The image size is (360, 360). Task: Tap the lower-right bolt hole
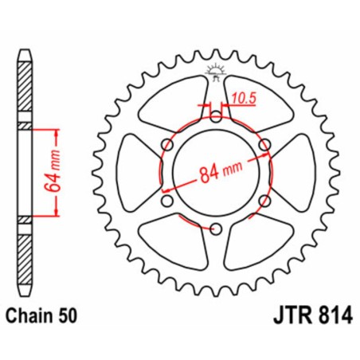(267, 202)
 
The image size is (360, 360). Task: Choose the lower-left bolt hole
(166, 202)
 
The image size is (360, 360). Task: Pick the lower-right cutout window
(259, 247)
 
